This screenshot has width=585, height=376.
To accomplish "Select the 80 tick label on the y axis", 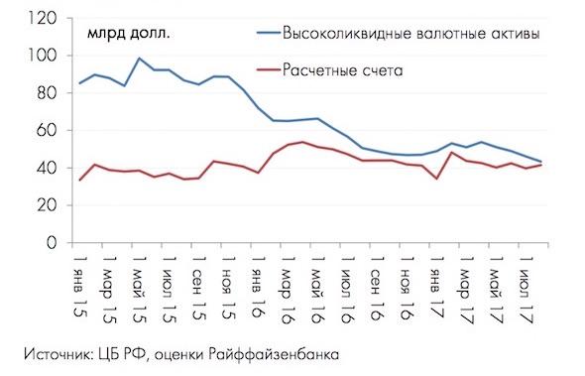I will pos(45,93).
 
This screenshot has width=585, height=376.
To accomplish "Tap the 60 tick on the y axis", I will pos(45,131).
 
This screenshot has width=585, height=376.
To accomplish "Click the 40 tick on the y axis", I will pos(45,168).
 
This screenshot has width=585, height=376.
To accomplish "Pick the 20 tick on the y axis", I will pos(45,205).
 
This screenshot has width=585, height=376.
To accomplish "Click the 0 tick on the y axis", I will pos(50,242).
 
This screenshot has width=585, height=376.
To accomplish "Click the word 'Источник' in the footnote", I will pos(54,352).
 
